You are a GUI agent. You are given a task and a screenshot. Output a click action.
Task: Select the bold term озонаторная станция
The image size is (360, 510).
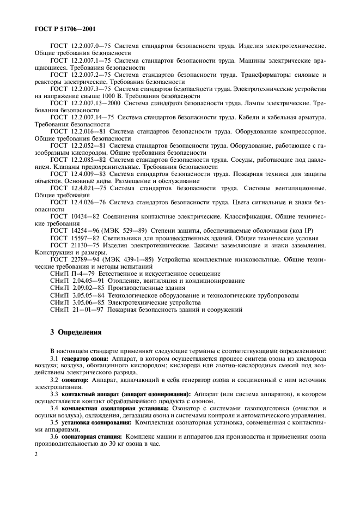tap(91, 436)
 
